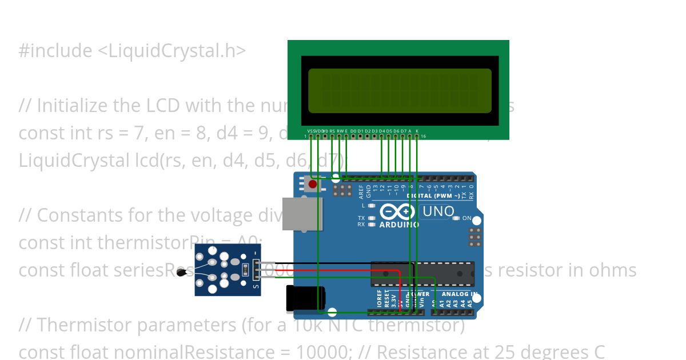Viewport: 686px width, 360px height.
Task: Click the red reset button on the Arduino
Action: (313, 184)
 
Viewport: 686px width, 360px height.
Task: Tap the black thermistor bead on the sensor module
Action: (182, 273)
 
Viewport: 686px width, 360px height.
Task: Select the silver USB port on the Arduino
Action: (302, 214)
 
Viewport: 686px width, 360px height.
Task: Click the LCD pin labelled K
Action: (417, 131)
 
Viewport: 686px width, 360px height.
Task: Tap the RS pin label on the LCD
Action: (332, 131)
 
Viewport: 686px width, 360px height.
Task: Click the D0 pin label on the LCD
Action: (353, 131)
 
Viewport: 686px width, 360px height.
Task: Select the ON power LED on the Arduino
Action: (456, 218)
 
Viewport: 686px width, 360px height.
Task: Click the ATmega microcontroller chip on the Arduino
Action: (422, 274)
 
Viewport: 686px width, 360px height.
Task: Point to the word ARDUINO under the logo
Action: (398, 225)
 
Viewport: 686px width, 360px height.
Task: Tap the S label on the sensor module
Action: (256, 286)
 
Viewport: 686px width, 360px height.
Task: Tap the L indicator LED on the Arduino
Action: (371, 205)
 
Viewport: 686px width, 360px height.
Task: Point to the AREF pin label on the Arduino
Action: (361, 191)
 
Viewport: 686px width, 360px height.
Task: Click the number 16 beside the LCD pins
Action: (423, 136)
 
